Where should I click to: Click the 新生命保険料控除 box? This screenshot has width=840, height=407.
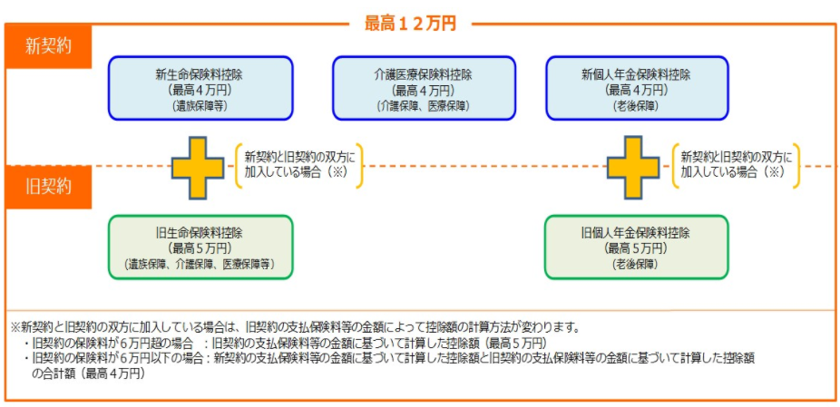coord(199,89)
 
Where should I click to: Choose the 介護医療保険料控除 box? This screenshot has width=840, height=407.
coord(423,89)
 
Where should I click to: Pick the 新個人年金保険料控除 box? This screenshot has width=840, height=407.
coord(636,89)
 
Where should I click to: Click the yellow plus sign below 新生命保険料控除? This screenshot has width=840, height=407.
coord(199,167)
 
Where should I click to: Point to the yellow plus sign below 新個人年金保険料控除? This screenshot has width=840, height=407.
coord(633,167)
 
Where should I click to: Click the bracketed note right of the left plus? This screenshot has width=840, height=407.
coord(299,164)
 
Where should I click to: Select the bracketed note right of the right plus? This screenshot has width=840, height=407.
coord(736,164)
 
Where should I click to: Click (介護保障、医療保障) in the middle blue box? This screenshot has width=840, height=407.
coord(423,106)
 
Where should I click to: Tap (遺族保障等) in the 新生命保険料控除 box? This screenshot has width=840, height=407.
coord(199,106)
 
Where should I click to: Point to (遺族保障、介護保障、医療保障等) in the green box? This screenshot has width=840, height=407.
coord(199,264)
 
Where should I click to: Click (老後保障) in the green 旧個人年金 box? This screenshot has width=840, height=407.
coord(636,264)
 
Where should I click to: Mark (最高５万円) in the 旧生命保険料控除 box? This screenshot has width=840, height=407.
coord(199,247)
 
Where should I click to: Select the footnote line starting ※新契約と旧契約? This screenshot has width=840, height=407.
coord(295,327)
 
